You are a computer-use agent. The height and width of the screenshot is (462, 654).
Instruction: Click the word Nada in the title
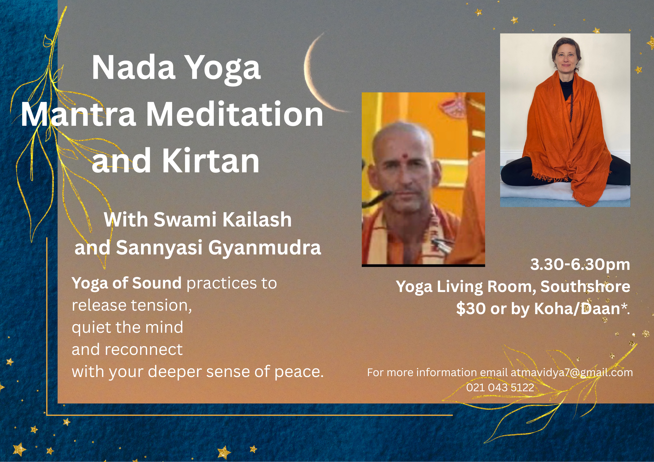coord(133,67)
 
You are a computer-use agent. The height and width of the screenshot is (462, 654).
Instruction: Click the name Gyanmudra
coord(265,248)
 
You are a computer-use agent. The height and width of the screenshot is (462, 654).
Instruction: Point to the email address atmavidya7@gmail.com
coord(572,372)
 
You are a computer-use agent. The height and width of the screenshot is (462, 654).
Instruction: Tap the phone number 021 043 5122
coord(500,387)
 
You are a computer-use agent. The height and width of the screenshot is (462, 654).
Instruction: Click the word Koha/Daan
coord(577,309)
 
